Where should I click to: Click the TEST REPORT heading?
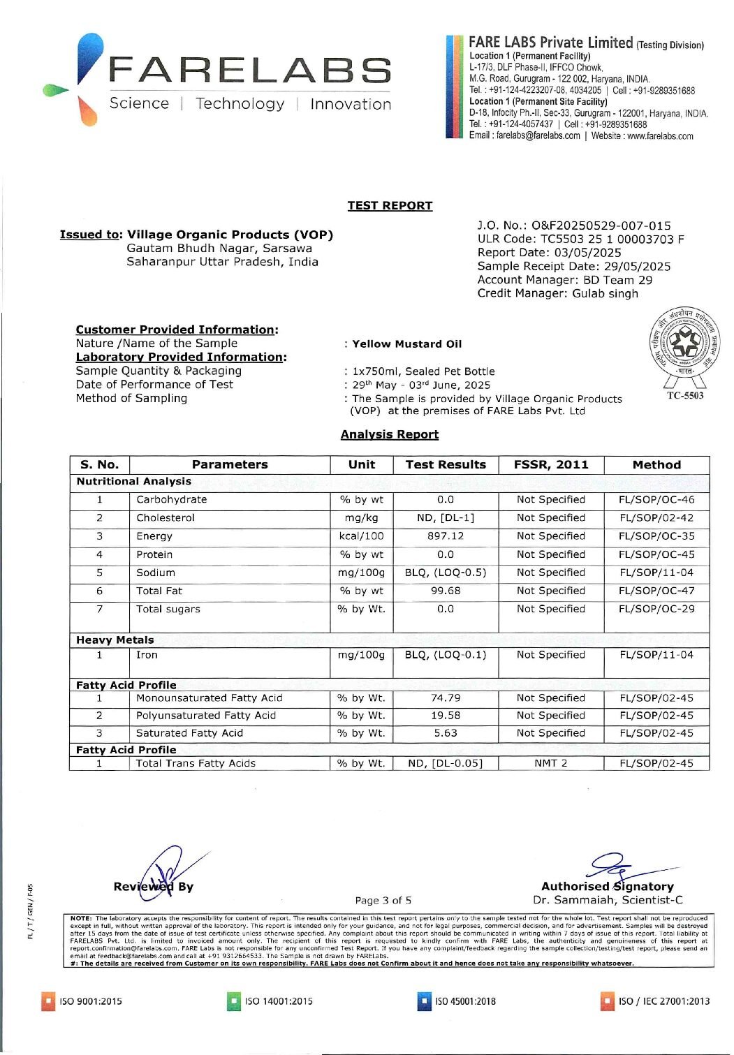(390, 205)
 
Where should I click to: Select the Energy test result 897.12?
(445, 536)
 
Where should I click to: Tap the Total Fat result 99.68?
(445, 591)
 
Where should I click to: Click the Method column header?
(656, 464)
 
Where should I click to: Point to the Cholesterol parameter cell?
(166, 518)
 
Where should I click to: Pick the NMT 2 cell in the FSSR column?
(550, 763)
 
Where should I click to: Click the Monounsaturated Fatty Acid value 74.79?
(445, 698)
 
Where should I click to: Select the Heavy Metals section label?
(115, 640)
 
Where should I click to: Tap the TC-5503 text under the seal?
(685, 396)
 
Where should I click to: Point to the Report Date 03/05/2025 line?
(549, 253)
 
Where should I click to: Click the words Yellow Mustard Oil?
(406, 344)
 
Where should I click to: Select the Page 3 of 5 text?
(383, 901)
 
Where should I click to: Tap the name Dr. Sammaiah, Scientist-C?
(608, 900)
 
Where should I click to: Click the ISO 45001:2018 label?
(465, 1001)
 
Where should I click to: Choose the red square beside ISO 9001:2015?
(48, 1001)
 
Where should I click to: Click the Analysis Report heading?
(389, 434)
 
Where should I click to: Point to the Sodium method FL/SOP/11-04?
(656, 573)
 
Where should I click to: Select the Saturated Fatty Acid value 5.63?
(445, 733)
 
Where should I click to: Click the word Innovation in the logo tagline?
(351, 104)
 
